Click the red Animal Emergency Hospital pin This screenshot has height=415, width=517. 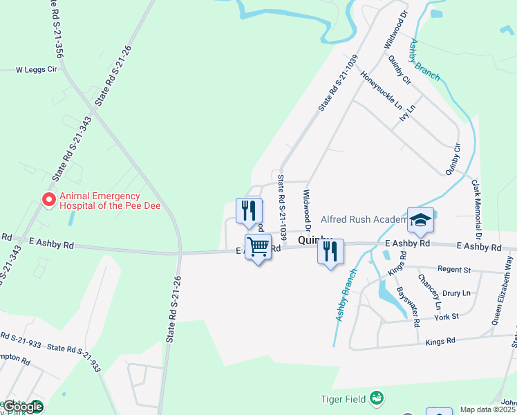(x=49, y=199)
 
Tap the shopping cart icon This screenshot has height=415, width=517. (x=258, y=247)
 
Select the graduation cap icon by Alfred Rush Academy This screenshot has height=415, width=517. (x=420, y=220)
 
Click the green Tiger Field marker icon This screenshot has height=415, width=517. (x=376, y=398)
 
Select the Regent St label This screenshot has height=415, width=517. (x=453, y=269)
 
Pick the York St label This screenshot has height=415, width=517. (x=446, y=316)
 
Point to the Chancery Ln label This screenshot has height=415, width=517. (x=429, y=291)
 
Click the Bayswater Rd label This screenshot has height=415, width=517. (x=407, y=307)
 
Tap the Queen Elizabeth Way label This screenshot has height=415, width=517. (x=504, y=289)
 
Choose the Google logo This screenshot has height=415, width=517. (x=23, y=407)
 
